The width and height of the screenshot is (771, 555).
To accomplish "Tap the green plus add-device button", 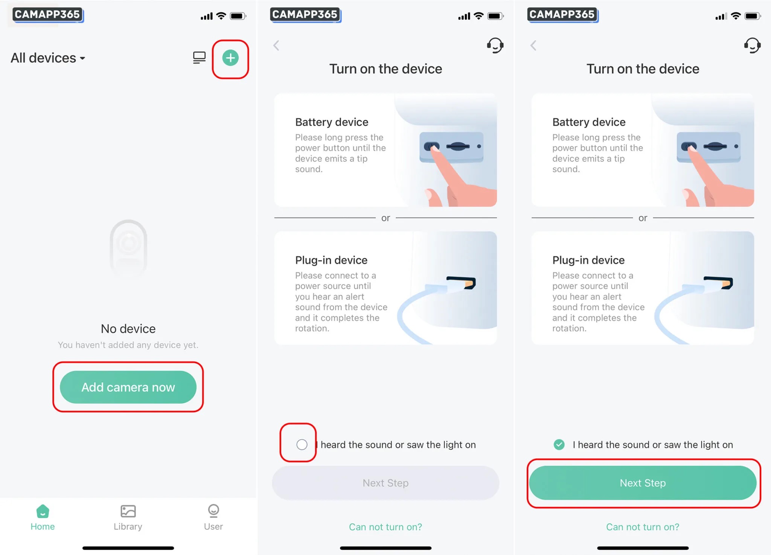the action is pos(230,58).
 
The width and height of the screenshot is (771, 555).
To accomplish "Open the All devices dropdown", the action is pos(48,58).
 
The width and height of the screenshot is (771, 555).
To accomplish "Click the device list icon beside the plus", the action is pos(199,58).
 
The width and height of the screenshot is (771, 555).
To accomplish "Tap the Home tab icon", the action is pos(43,511).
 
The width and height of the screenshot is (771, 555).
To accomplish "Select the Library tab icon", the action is pos(128,511).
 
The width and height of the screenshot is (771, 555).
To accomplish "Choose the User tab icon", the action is pos(213,511).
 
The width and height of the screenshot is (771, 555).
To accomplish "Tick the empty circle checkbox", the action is pos(302,445).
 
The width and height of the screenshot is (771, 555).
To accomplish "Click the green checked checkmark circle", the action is pos(559,445).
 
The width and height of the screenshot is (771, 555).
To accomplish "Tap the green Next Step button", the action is pos(643,483).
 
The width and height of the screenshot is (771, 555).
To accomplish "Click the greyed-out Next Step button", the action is pos(385,483).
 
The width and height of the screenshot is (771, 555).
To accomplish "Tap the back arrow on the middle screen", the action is pos(276,46).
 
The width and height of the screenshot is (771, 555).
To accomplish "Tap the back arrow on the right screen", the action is pos(533,46).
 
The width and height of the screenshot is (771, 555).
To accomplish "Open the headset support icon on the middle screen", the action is pos(495,45).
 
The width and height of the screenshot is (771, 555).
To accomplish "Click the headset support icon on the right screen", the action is pos(752,45).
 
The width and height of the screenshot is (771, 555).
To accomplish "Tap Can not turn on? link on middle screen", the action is pos(385,527).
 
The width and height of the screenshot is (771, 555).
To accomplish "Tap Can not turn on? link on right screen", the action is pos(643,527).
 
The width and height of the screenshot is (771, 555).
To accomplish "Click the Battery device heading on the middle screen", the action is pos(332,122).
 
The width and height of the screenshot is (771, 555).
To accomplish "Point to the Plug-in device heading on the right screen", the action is pos(588,260).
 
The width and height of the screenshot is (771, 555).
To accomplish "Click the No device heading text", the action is pos(128,329).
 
